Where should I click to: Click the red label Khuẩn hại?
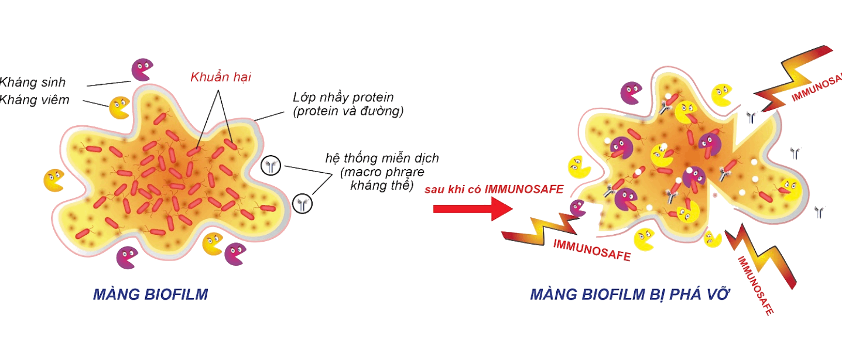(x=221, y=77)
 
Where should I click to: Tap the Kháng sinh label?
(x=33, y=83)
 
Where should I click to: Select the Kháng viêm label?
(x=35, y=100)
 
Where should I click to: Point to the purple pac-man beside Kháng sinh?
(x=142, y=70)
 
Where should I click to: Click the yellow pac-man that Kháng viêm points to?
(x=119, y=108)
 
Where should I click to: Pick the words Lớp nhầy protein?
(x=343, y=97)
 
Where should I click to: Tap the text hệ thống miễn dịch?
(x=382, y=158)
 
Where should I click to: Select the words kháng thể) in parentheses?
(x=382, y=185)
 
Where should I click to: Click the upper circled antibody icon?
(x=271, y=165)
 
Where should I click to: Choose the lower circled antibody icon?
(x=302, y=204)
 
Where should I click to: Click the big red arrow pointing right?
(x=473, y=209)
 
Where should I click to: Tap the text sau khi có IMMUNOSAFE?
(x=494, y=189)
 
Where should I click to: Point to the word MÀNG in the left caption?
(x=117, y=294)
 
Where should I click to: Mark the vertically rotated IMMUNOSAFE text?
(x=755, y=286)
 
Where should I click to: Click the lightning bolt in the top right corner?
(x=793, y=78)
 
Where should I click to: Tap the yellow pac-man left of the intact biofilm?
(x=54, y=180)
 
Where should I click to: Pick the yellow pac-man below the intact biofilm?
(x=213, y=244)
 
